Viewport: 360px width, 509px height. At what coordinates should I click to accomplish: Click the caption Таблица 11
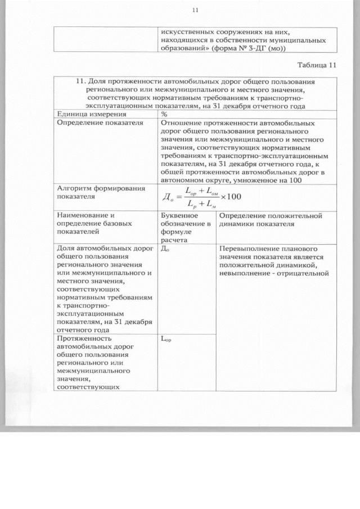(316, 65)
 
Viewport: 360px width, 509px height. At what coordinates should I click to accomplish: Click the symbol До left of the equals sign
(167, 197)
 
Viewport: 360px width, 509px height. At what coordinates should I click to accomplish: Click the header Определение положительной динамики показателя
(270, 219)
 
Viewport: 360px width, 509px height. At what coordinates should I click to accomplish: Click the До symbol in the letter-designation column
(165, 249)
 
